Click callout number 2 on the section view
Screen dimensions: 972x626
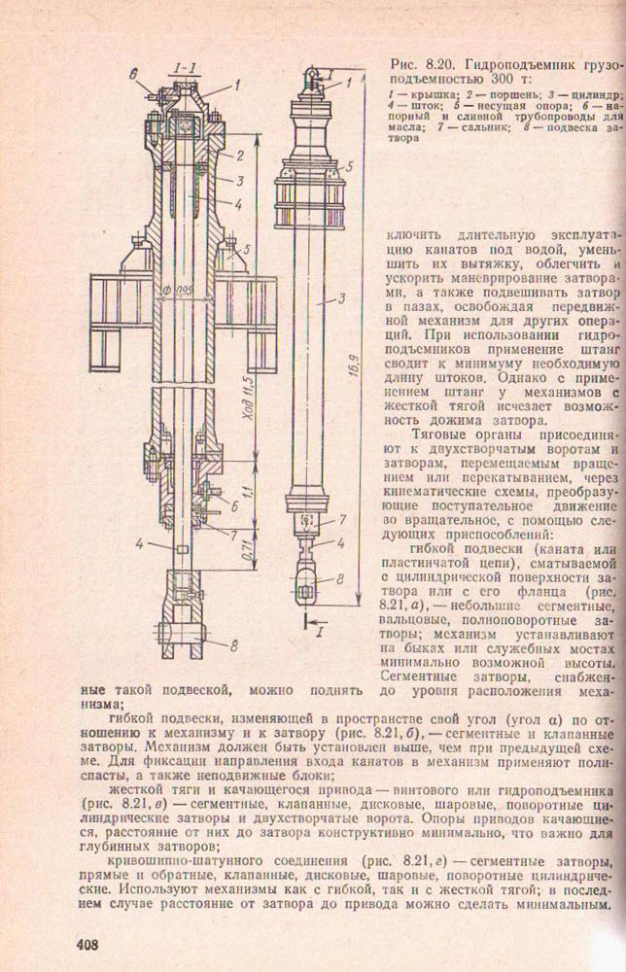238,156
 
